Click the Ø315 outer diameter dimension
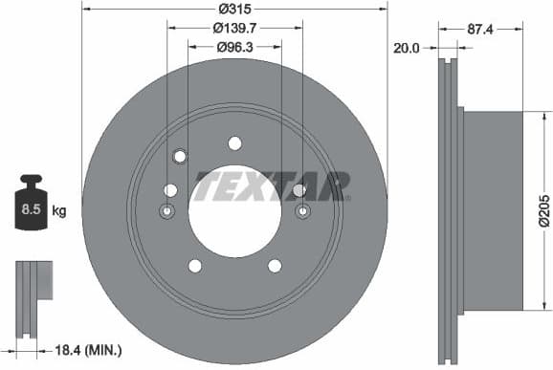click(235, 10)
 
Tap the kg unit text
click(58, 210)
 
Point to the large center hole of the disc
click(234, 212)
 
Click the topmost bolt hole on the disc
click(234, 143)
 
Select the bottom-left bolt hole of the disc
click(194, 266)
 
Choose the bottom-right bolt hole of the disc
click(275, 266)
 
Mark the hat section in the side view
click(493, 209)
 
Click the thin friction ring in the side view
click(448, 209)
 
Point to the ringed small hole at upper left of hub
click(179, 157)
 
